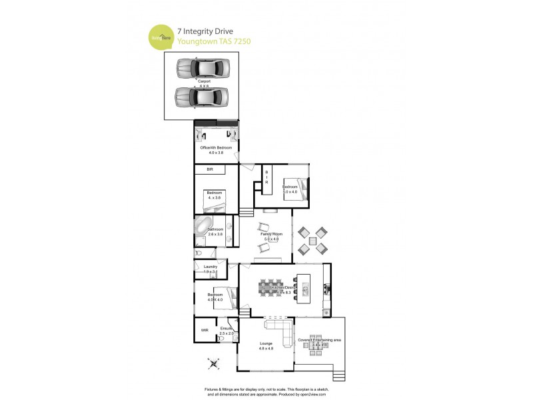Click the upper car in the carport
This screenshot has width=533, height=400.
[x=203, y=67]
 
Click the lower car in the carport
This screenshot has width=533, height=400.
[x=202, y=97]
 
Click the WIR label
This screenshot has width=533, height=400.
[x=204, y=329]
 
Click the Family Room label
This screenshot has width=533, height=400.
[x=271, y=235]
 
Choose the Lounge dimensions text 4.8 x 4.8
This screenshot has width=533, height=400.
[x=266, y=349]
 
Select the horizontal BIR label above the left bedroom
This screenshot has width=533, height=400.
[x=209, y=170]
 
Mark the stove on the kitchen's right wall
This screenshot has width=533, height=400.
[x=326, y=288]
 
